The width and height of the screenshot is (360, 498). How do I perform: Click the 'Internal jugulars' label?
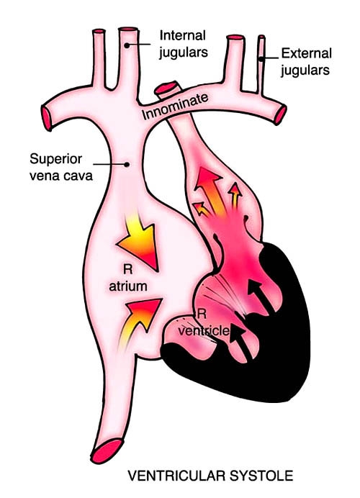184,44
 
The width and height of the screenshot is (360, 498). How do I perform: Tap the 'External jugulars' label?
306,62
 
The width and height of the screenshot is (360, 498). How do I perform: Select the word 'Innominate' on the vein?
175,107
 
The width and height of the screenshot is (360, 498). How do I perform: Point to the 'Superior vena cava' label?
61,167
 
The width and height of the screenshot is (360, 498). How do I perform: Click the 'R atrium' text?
128,278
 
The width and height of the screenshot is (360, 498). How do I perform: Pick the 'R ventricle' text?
203,322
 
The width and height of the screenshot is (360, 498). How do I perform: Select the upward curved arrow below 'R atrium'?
140,321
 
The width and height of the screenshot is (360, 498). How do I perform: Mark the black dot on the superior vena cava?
127,164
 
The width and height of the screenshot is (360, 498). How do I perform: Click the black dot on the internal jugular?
127,45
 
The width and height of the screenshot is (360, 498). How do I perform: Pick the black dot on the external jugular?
261,59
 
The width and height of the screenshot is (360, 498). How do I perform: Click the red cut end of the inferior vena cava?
107,451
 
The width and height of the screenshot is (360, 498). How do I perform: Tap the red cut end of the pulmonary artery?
166,87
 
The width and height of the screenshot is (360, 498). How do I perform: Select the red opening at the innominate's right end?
280,114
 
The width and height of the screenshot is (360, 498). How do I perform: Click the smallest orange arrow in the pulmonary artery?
202,209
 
